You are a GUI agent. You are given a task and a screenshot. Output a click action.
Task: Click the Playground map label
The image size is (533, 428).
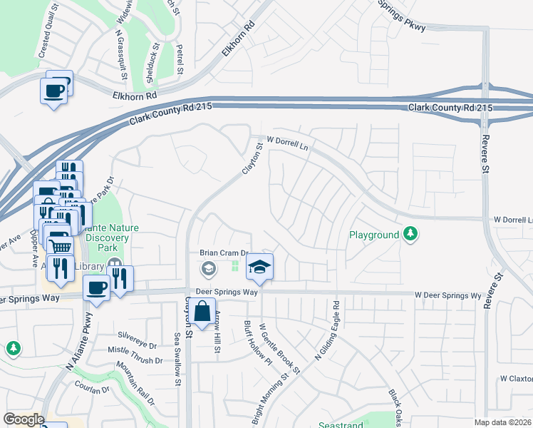click(374, 235)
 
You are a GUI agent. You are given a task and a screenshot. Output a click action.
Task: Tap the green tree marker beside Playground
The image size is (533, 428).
click(410, 233)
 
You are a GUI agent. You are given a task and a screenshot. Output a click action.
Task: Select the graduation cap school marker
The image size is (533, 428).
click(260, 267)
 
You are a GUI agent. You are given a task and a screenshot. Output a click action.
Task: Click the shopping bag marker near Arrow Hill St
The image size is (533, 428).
click(202, 312)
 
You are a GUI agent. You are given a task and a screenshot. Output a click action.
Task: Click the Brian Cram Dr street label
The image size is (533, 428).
click(223, 253)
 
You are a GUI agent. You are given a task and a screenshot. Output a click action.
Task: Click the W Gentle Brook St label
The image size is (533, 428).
click(279, 347)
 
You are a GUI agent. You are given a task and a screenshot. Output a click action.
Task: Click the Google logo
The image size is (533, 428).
click(24, 419)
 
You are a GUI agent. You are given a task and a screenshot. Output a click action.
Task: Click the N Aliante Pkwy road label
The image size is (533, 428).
click(80, 341)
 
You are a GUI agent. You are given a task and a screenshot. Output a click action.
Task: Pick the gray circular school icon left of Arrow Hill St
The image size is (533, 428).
click(208, 268)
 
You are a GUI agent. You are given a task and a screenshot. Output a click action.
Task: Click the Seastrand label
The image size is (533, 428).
click(341, 424)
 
